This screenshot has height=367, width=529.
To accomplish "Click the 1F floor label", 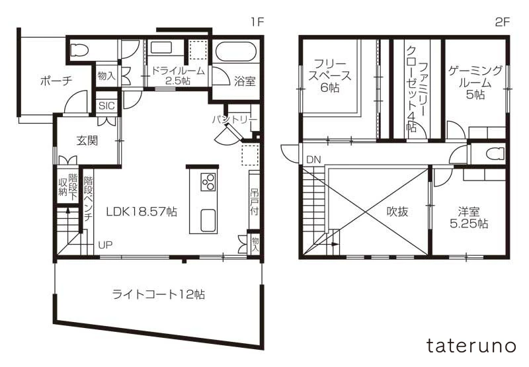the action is (x=257, y=22).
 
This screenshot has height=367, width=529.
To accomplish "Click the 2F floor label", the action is (x=502, y=22).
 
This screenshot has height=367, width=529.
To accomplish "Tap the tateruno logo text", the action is (x=471, y=345).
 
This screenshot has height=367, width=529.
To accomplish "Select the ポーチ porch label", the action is (x=56, y=81).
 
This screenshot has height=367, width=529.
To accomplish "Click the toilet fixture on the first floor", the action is (x=80, y=50).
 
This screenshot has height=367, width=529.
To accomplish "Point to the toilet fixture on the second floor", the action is (x=495, y=153).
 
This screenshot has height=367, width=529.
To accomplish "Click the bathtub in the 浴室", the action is (x=236, y=52).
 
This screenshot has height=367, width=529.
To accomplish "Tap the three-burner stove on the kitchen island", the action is (x=208, y=182).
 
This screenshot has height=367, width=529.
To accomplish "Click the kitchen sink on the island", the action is (x=208, y=220).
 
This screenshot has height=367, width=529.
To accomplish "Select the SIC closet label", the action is (x=106, y=106).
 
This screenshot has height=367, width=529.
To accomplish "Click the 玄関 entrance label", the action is (x=87, y=140).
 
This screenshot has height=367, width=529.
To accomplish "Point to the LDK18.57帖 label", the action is (x=142, y=212).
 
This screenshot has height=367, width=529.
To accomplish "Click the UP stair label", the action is (x=105, y=245).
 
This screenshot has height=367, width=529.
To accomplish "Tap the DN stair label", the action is (x=313, y=159).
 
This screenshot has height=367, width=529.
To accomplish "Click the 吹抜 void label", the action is (x=397, y=212).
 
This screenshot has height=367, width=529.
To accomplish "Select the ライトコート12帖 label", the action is (x=159, y=294).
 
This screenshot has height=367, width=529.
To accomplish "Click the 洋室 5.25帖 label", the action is (x=469, y=218).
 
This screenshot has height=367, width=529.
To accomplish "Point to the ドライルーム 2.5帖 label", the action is (x=178, y=75).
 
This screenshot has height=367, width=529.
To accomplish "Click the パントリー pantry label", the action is (x=235, y=120).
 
